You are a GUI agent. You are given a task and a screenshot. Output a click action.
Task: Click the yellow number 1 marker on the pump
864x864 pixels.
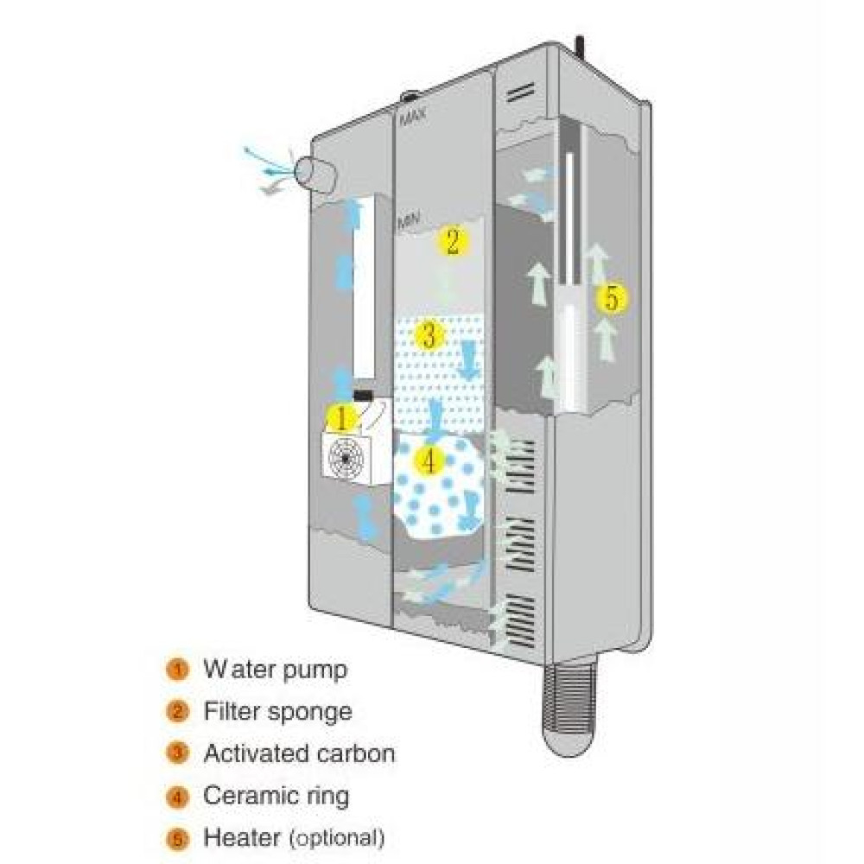click(341, 419)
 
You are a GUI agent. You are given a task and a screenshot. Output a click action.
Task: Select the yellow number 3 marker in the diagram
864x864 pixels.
click(429, 334)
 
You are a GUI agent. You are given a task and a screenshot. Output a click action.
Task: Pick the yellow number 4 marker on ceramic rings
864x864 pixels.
click(429, 461)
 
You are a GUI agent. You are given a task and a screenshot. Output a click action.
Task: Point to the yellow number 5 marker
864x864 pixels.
click(611, 299)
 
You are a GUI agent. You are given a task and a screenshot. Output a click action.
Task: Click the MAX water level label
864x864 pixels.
click(412, 113)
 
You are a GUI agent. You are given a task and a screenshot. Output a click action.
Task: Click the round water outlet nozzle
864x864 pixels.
click(313, 170)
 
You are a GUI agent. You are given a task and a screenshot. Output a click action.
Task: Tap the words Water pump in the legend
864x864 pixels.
click(275, 669)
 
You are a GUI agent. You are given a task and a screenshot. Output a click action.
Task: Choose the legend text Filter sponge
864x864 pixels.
click(277, 711)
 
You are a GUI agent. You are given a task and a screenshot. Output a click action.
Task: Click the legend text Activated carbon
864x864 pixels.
click(299, 753)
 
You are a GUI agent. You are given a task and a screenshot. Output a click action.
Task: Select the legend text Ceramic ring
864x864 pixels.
click(276, 795)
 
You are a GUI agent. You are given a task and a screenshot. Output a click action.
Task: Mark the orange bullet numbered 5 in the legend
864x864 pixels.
click(178, 837)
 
